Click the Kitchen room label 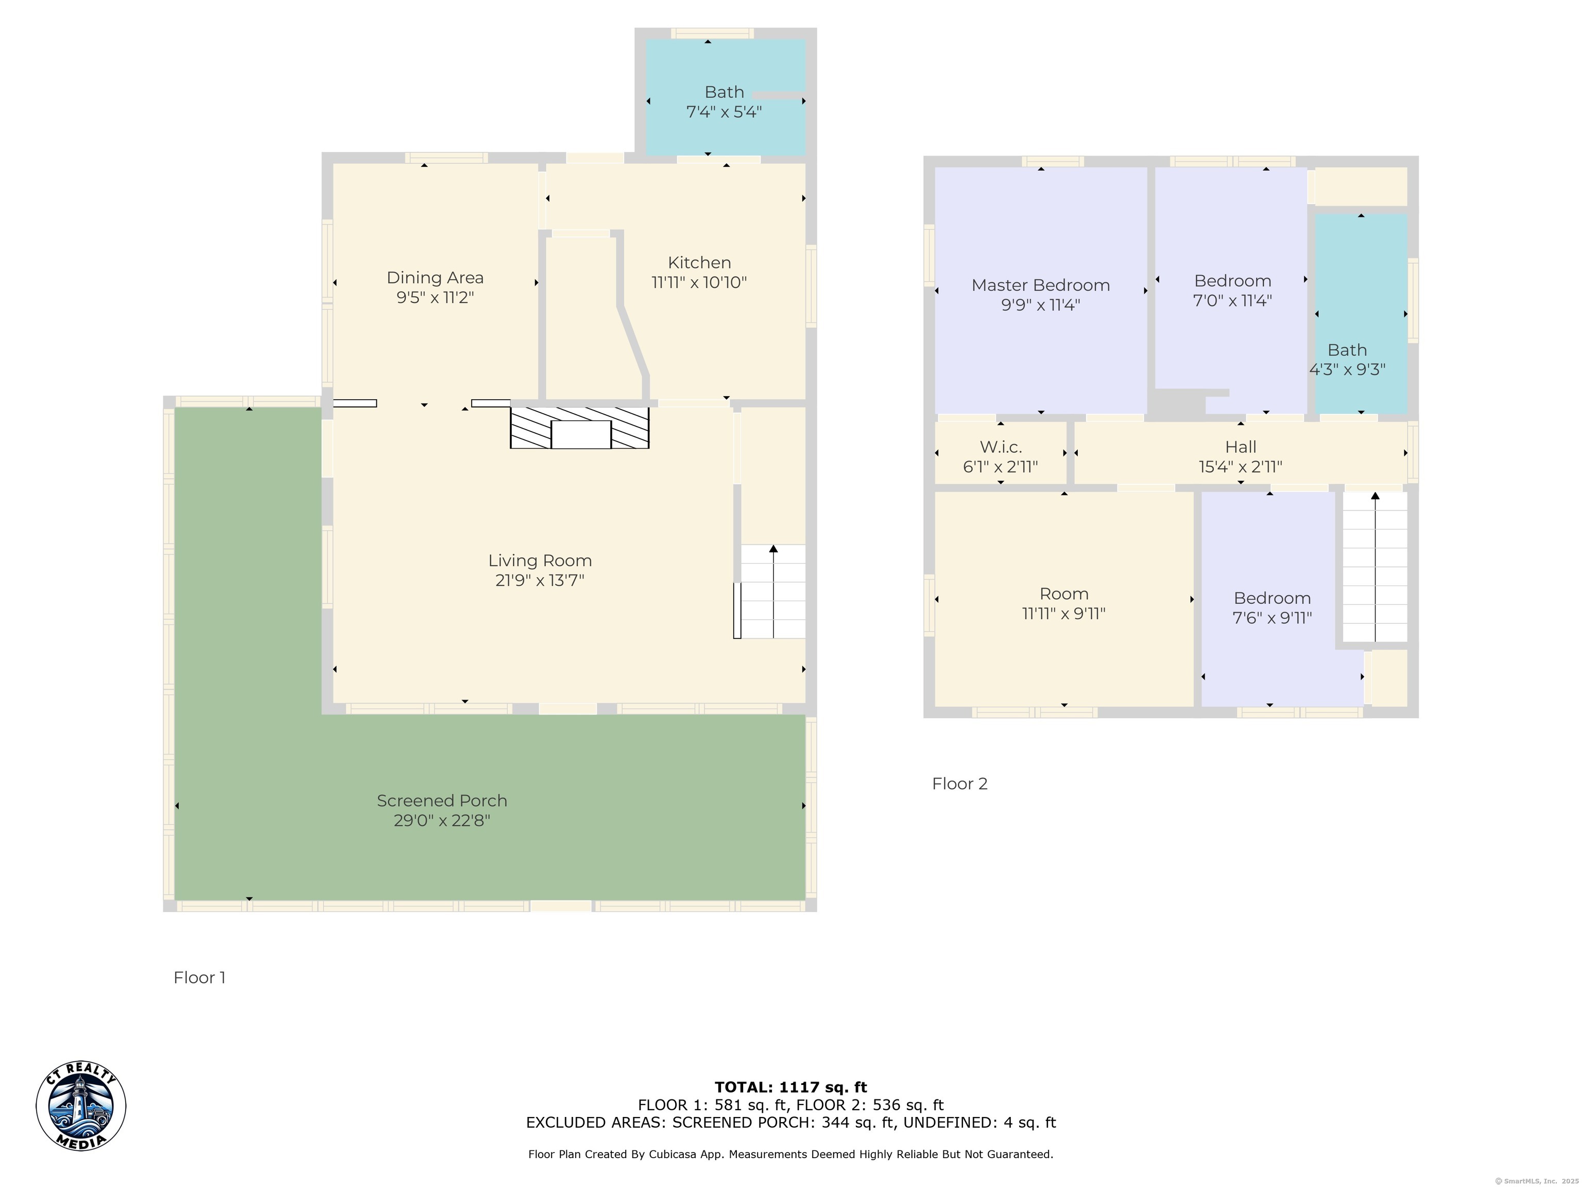(x=699, y=263)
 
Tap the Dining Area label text (x=435, y=278)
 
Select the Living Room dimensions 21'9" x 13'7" (x=540, y=580)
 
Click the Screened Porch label (x=442, y=801)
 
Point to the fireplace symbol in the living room (x=579, y=428)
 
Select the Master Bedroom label (x=1041, y=285)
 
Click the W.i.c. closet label (x=1001, y=447)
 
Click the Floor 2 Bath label (x=1347, y=350)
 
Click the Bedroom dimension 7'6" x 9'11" (x=1273, y=618)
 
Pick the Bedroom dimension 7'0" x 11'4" (x=1232, y=300)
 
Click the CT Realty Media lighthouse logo (x=81, y=1106)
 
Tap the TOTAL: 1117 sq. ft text (x=790, y=1088)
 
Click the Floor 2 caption (x=960, y=784)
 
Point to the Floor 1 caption (x=199, y=977)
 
